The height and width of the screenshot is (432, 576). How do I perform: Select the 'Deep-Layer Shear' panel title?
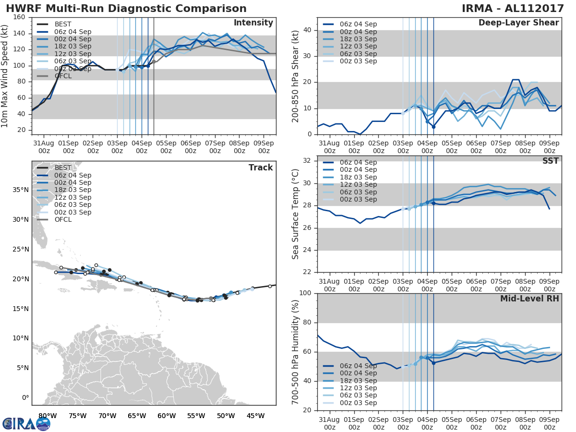pos(518,23)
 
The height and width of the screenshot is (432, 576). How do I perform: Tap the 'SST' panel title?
pos(551,161)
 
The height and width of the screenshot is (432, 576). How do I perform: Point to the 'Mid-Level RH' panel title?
pos(529,299)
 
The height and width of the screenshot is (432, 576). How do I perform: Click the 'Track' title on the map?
pos(261,168)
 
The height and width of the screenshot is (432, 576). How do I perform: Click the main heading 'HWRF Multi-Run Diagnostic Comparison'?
pos(126,9)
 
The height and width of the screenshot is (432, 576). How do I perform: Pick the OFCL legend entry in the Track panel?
pos(62,219)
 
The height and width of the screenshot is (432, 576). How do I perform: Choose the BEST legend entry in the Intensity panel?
pos(62,24)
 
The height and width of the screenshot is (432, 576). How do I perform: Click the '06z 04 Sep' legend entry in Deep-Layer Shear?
pos(358,24)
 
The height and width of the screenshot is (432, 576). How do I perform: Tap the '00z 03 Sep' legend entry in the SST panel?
pos(358,199)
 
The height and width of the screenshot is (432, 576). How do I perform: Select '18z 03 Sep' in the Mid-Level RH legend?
pos(358,381)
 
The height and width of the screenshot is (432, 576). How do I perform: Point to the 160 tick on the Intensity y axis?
pos(19,17)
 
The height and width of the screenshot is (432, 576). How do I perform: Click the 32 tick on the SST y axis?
pos(307,161)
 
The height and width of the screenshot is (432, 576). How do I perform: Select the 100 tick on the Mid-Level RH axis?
pos(305,293)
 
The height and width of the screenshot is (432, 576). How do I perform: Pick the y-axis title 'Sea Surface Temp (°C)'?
pos(296,214)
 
